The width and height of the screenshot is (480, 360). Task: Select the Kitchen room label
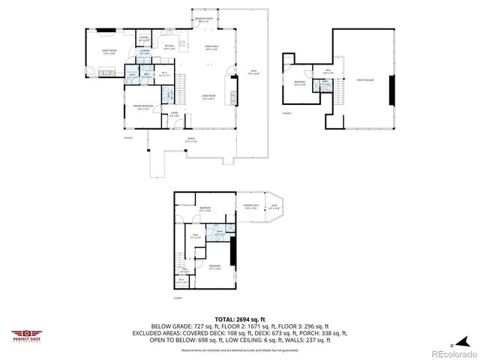pos(169,47)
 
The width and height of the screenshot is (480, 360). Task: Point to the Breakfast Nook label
pos(202,19)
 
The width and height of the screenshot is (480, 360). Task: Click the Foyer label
pos(173,115)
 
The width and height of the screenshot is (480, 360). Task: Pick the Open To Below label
pos(365,80)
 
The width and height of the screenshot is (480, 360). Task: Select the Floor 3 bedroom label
pos(299,82)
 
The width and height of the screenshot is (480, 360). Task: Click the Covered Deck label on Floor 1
pos(250,206)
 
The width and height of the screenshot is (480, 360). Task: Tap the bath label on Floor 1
pos(220,232)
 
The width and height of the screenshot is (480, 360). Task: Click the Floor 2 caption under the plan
pos(128,139)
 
